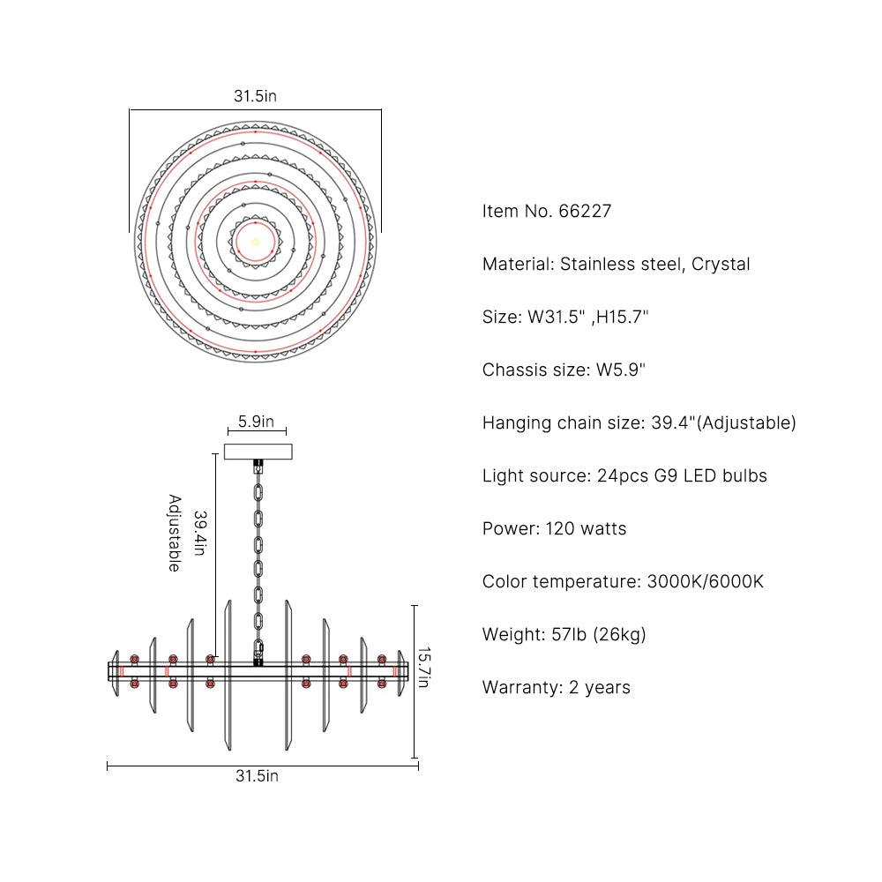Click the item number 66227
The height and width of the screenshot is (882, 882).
pyautogui.click(x=585, y=211)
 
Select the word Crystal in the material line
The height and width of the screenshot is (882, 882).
pyautogui.click(x=721, y=265)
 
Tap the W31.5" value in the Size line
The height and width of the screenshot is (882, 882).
pyautogui.click(x=556, y=317)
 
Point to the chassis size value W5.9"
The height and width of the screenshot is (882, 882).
pyautogui.click(x=620, y=370)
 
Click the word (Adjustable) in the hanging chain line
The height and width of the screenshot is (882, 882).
pyautogui.click(x=746, y=423)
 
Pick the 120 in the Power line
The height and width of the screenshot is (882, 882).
pyautogui.click(x=560, y=528)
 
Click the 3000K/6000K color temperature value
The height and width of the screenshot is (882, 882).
pyautogui.click(x=706, y=581)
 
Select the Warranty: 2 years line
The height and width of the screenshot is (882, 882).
pyautogui.click(x=557, y=687)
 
